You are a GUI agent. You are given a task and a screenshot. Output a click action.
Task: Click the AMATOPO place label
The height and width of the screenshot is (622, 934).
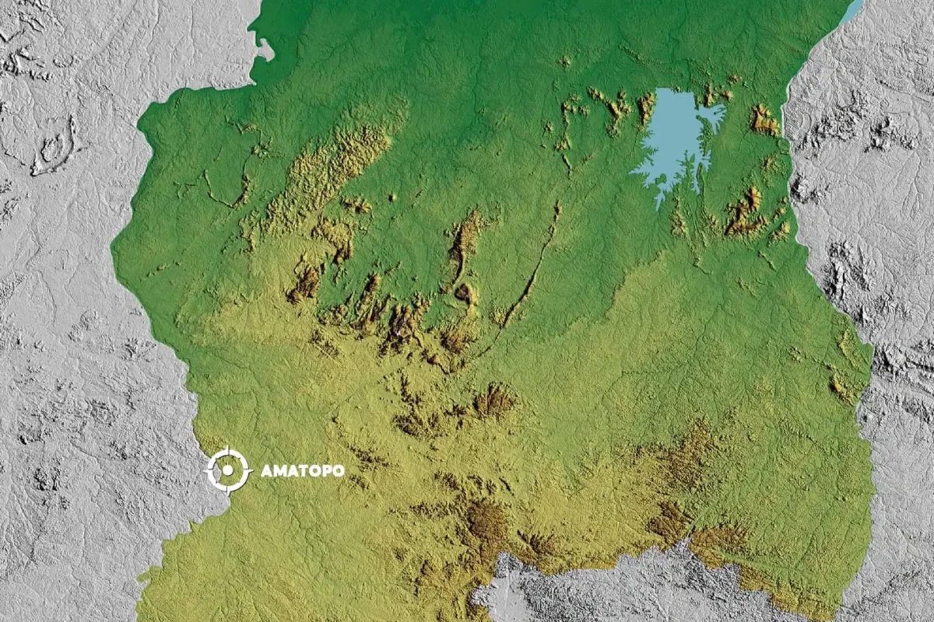point(302,470)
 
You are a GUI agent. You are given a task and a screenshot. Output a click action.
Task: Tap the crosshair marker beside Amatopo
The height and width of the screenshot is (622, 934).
point(227,470)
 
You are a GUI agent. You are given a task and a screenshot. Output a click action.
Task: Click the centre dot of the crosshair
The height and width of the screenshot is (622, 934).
point(227,470)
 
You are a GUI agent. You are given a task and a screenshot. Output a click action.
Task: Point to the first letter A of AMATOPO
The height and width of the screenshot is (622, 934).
point(266,470)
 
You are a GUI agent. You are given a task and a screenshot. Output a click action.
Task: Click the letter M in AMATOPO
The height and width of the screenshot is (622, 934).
point(278,470)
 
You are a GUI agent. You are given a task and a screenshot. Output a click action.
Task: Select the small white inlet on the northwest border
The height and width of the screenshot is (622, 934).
point(265,51)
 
